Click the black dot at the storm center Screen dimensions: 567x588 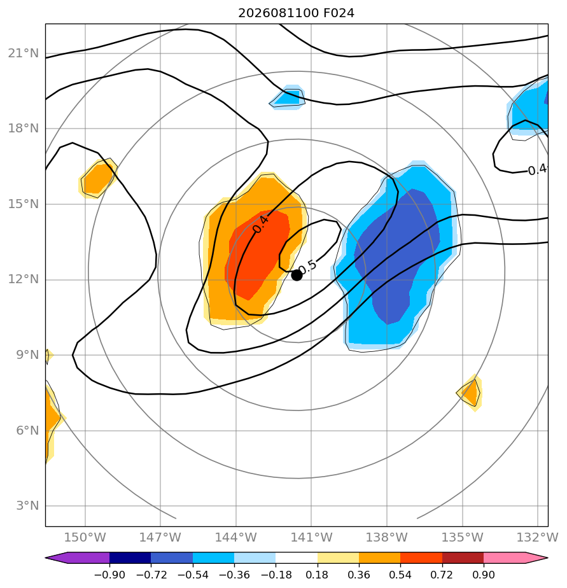coord(297,276)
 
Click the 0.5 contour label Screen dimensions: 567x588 coord(307,267)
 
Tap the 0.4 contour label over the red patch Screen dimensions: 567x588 coord(261,224)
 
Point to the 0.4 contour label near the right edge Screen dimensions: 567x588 coord(537,170)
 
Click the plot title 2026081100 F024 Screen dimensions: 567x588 coord(297,13)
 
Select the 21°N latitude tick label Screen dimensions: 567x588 coord(24,53)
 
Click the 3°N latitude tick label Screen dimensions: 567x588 coord(27,505)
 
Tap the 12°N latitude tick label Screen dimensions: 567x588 coord(24,279)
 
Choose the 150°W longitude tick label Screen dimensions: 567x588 coord(85,537)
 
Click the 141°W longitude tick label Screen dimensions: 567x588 coord(311,537)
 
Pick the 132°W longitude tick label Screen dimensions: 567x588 coord(537,537)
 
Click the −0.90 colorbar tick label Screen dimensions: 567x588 coord(109,575)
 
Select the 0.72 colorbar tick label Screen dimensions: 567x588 coord(442,575)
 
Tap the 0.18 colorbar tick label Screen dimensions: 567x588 coord(318,575)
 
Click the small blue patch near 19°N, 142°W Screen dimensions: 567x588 coord(288,97)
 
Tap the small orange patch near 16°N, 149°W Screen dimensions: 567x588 coord(97,178)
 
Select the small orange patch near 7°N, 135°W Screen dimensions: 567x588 coord(471,393)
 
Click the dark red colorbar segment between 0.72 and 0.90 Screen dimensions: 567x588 coord(463,557)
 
